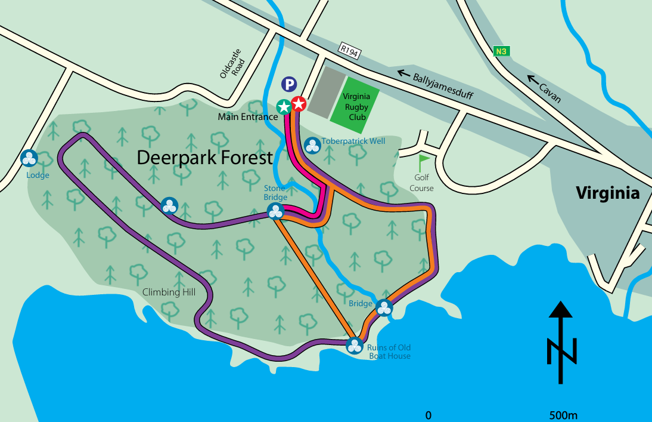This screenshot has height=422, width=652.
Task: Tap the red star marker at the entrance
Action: click(299, 104)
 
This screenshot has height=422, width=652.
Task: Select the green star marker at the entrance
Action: click(284, 107)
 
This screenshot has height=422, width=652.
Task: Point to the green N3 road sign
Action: click(502, 51)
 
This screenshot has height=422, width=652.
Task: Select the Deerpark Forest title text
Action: click(204, 158)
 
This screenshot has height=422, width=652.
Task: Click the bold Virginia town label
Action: click(607, 193)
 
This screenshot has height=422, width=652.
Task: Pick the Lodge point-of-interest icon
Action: click(29, 159)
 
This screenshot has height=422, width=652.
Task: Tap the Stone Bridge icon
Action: click(275, 211)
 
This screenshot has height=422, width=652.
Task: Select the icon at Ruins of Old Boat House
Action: click(355, 345)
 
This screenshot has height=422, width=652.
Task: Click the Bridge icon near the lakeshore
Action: click(384, 308)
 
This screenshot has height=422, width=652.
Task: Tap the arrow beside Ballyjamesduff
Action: click(405, 74)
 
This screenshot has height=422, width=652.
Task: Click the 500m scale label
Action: click(563, 415)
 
